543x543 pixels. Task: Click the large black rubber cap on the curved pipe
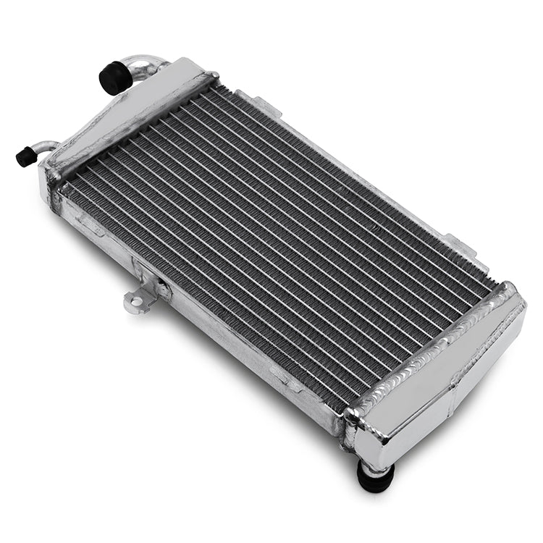click(x=113, y=77)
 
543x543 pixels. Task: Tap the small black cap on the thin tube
click(x=26, y=156)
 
